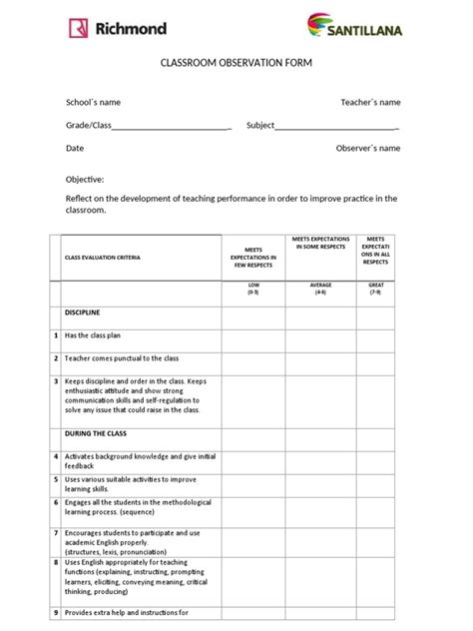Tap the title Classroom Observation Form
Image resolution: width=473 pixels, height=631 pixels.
[236, 64]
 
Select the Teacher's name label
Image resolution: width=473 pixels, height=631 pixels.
[370, 102]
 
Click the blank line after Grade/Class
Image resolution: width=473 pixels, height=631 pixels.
[172, 127]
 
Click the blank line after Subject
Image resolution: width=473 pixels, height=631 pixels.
[336, 127]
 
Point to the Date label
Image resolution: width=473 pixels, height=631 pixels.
[75, 148]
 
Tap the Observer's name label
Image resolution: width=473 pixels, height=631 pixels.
[368, 148]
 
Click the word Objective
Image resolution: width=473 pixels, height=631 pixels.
[85, 179]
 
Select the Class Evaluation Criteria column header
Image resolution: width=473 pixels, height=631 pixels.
[103, 257]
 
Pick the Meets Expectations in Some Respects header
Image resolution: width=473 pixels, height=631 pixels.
[320, 246]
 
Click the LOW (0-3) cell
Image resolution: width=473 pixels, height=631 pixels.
[253, 289]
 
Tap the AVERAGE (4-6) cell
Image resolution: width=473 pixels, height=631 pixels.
[320, 289]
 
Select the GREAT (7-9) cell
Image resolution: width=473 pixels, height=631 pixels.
[375, 289]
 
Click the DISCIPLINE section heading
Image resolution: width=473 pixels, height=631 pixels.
[83, 313]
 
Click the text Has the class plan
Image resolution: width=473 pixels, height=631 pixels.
[99, 335]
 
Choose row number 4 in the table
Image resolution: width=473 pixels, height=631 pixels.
[56, 456]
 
